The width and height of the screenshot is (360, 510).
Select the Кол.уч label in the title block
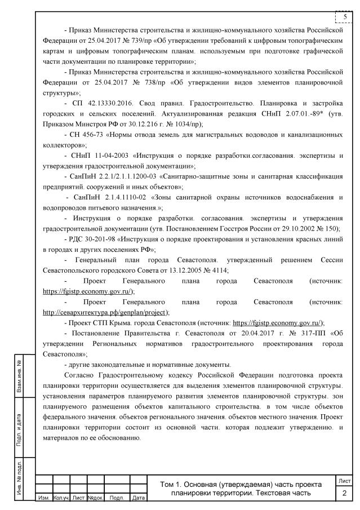(60, 498)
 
